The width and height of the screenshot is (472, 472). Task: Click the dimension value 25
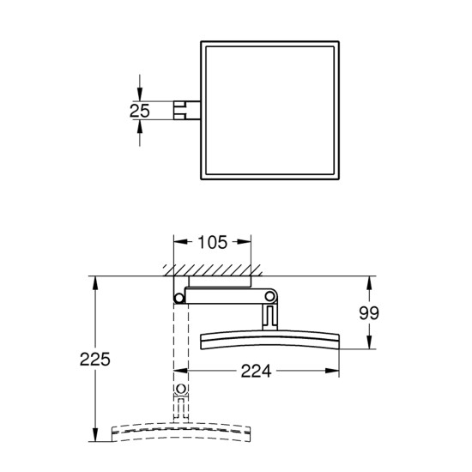(x=141, y=110)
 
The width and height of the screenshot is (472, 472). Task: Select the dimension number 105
(x=213, y=243)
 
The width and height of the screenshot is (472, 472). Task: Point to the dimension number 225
(x=98, y=358)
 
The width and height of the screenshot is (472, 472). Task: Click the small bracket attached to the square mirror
(x=183, y=109)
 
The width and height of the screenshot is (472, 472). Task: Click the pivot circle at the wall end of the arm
(x=178, y=298)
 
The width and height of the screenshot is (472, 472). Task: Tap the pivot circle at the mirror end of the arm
(x=271, y=297)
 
